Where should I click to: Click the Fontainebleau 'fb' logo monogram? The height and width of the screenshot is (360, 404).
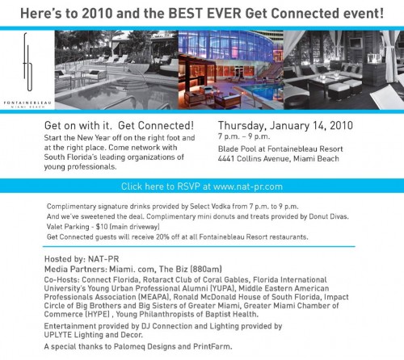[x=28, y=62]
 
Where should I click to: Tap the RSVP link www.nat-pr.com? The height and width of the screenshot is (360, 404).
[x=248, y=186]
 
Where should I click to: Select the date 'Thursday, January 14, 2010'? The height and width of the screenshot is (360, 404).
[x=285, y=126]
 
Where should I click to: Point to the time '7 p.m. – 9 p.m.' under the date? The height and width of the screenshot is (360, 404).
[x=244, y=136]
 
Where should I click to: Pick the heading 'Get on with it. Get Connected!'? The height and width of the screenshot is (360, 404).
[x=119, y=125]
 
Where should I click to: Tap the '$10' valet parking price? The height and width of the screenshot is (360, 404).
[x=102, y=227]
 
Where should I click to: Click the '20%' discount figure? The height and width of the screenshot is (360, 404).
[x=162, y=237]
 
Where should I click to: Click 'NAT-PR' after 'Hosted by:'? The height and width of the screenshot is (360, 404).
[x=103, y=259]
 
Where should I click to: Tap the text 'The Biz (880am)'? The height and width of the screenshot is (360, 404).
[x=191, y=269]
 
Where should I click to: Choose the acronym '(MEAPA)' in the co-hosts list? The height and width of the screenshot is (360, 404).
[x=154, y=297]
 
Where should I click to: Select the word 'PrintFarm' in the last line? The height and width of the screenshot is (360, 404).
[x=213, y=346]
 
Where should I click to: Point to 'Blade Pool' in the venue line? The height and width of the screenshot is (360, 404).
[x=236, y=149]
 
